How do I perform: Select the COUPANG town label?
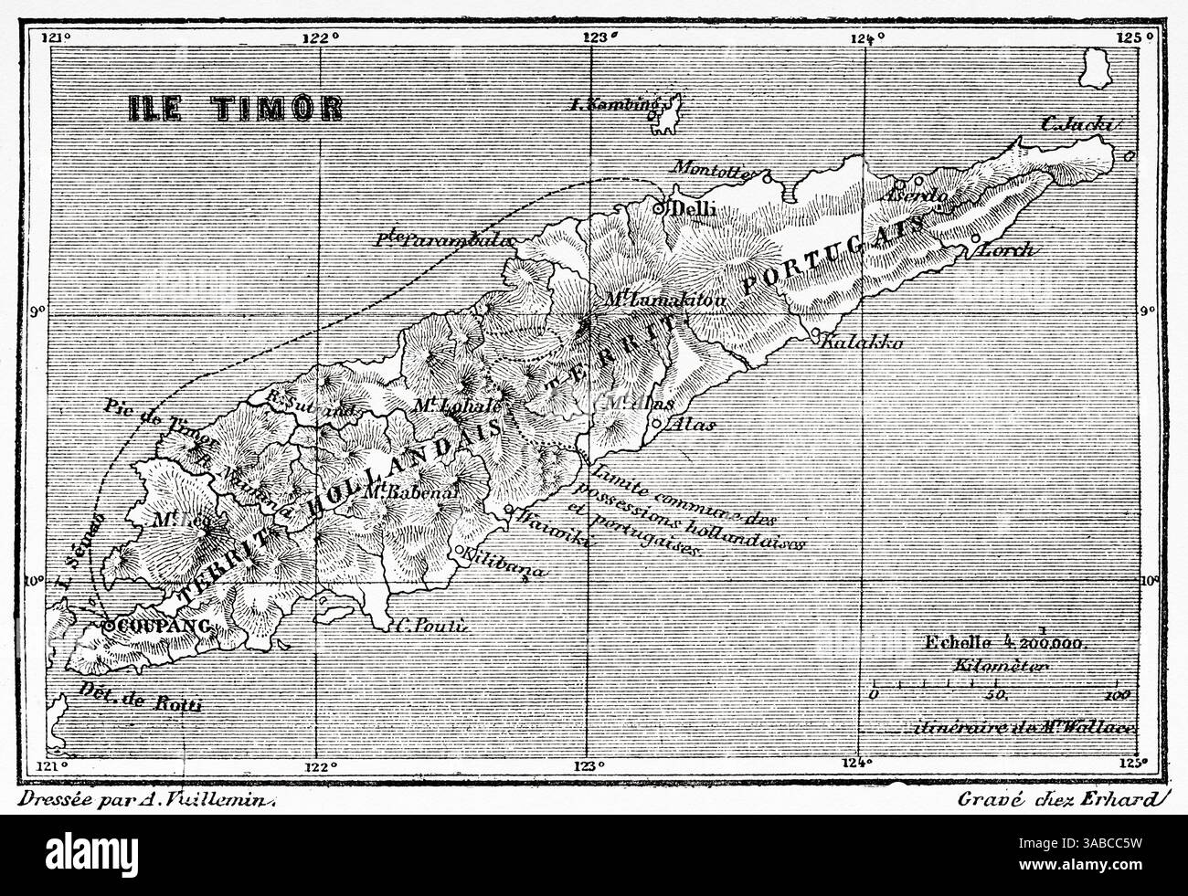[161, 627]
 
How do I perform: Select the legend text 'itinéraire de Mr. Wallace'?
[1014, 728]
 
